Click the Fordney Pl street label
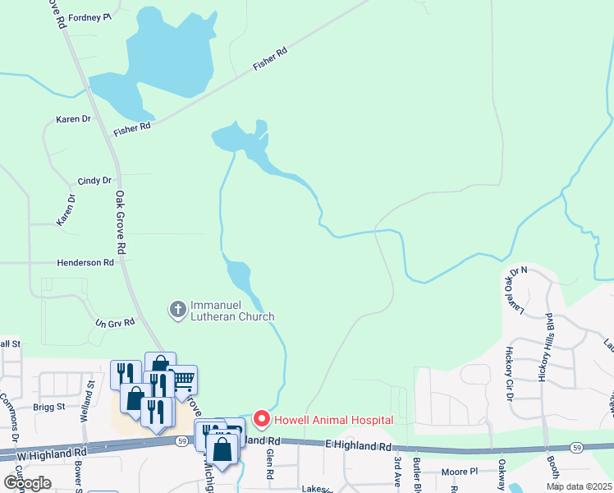pos(89,16)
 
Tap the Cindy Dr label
pos(94,181)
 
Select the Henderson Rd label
pos(85,263)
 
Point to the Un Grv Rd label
pos(115,323)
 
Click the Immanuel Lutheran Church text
pos(232,311)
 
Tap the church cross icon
pos(176,310)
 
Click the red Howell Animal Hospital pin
pos(262,419)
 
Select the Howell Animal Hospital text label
pos(333,420)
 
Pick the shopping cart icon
pos(183,379)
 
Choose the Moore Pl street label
pos(459,472)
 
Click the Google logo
pos(27,482)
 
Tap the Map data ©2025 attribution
pos(579,486)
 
